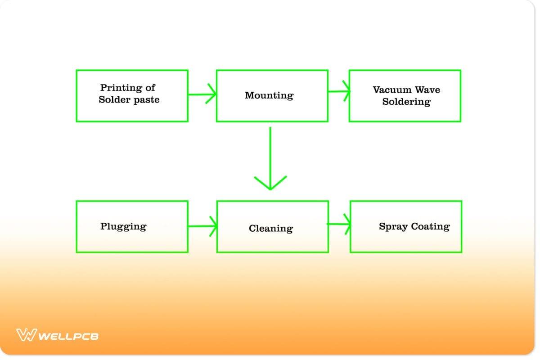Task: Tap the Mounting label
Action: tap(269, 95)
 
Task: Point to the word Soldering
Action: tap(406, 102)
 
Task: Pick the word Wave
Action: tap(428, 90)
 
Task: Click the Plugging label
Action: tap(123, 226)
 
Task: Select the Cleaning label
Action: tap(270, 229)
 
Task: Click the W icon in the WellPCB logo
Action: tap(26, 335)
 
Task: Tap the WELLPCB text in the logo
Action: tap(68, 336)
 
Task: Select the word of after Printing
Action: tap(150, 88)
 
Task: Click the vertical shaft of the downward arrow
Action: tap(270, 153)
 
